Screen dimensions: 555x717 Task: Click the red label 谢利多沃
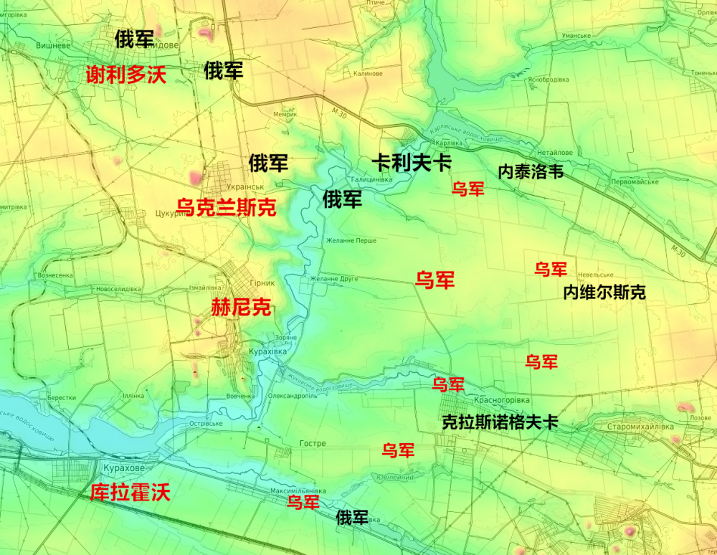pos(125,75)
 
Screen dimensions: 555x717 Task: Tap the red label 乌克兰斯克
pos(226,208)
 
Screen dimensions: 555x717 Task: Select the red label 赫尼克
pos(241,308)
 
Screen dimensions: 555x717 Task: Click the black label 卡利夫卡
pos(411,163)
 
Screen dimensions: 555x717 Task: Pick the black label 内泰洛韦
pos(531,172)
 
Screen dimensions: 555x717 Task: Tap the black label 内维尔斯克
pos(604,293)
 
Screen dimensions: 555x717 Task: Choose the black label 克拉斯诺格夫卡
pos(500,423)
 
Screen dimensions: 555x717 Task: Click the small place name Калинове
pos(368,73)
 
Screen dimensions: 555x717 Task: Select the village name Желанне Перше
pos(351,241)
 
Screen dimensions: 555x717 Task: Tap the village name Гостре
pos(313,444)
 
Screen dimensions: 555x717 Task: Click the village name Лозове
pos(700,417)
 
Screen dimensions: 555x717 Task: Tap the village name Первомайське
pos(635,182)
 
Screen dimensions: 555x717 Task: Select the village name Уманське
pos(576,36)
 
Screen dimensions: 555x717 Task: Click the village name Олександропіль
pos(293,395)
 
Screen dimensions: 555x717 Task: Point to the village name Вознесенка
pos(55,275)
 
